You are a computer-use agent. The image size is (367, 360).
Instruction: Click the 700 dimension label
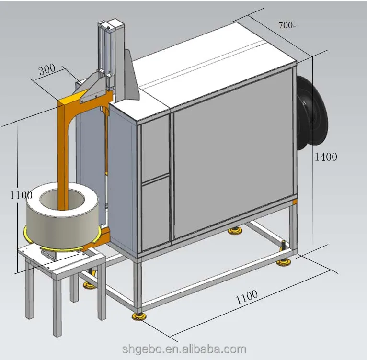coord(286,25)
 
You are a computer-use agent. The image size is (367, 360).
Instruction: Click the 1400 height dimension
coord(326,157)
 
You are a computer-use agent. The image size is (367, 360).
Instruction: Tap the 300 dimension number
coord(47,69)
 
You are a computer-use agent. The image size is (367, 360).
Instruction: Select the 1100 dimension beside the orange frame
coord(21,195)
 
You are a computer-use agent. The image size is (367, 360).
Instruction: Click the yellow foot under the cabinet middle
coord(234,232)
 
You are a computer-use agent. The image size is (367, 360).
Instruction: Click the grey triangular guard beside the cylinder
coord(130,79)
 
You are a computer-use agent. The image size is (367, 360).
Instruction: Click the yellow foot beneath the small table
coord(89,285)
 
